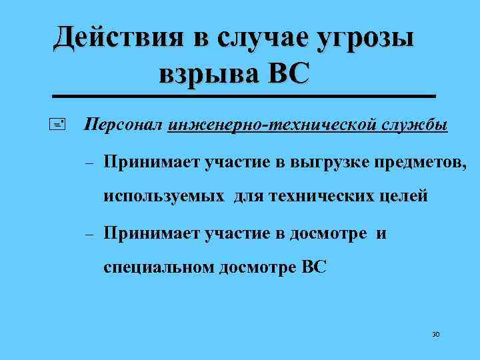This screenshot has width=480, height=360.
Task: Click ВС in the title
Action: click(x=288, y=72)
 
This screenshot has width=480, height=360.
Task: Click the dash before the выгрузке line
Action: click(x=89, y=162)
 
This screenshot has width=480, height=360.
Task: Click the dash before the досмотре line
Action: click(x=89, y=234)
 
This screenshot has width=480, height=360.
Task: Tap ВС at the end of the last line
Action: click(x=314, y=268)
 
